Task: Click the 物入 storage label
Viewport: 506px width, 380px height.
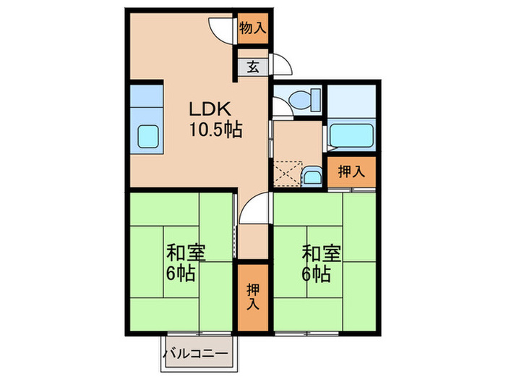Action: [252, 30]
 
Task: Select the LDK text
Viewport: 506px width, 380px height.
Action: [210, 110]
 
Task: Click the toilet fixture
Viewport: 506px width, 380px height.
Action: [306, 100]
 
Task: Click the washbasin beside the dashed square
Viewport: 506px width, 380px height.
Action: [312, 176]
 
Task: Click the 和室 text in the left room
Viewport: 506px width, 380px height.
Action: [186, 253]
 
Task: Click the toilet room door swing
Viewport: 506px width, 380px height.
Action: [283, 104]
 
